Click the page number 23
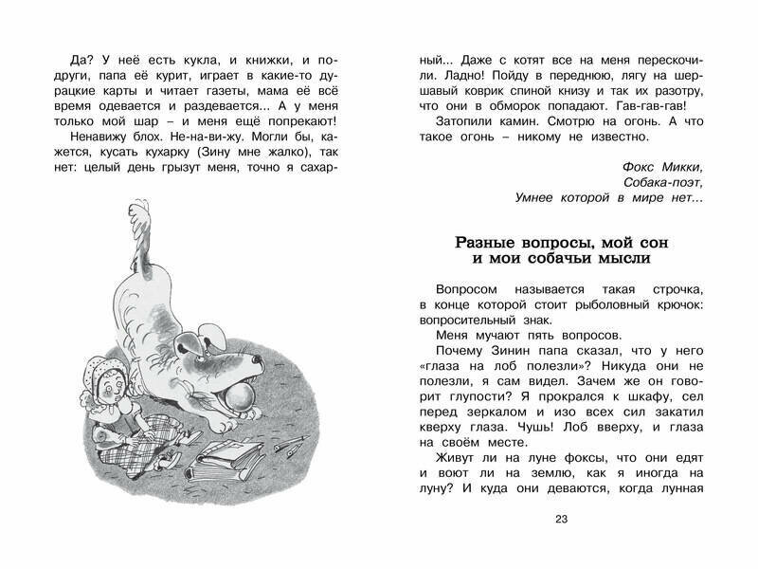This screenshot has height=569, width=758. [561, 517]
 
